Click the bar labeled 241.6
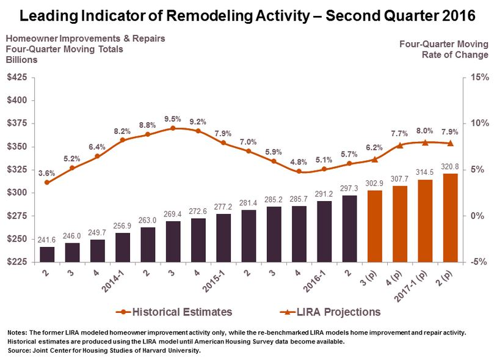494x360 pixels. [48, 254]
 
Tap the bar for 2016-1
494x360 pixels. [324, 231]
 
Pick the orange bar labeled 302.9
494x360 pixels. [374, 226]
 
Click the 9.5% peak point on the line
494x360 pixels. [173, 128]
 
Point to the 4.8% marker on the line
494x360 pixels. [299, 172]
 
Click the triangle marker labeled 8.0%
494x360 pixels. [425, 142]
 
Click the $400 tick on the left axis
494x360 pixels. [16, 100]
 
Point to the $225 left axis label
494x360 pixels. [16, 262]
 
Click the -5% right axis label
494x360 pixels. [478, 262]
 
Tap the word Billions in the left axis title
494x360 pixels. [21, 60]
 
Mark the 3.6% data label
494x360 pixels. [47, 173]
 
